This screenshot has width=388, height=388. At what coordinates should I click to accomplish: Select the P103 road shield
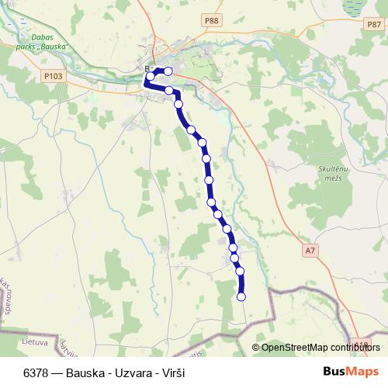pos(53,76)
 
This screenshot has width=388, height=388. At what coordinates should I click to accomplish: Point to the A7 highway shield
pos(310,250)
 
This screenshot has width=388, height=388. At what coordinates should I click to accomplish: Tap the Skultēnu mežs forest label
pos(314,172)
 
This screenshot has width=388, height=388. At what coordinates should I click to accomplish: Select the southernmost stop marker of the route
pos(241,296)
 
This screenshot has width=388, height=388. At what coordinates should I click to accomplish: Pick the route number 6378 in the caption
pos(38,372)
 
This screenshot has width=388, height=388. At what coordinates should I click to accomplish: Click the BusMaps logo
pos(352,372)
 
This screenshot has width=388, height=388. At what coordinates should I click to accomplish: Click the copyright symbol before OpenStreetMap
pos(256,348)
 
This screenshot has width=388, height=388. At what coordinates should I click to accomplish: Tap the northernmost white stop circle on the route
pos(168,71)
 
